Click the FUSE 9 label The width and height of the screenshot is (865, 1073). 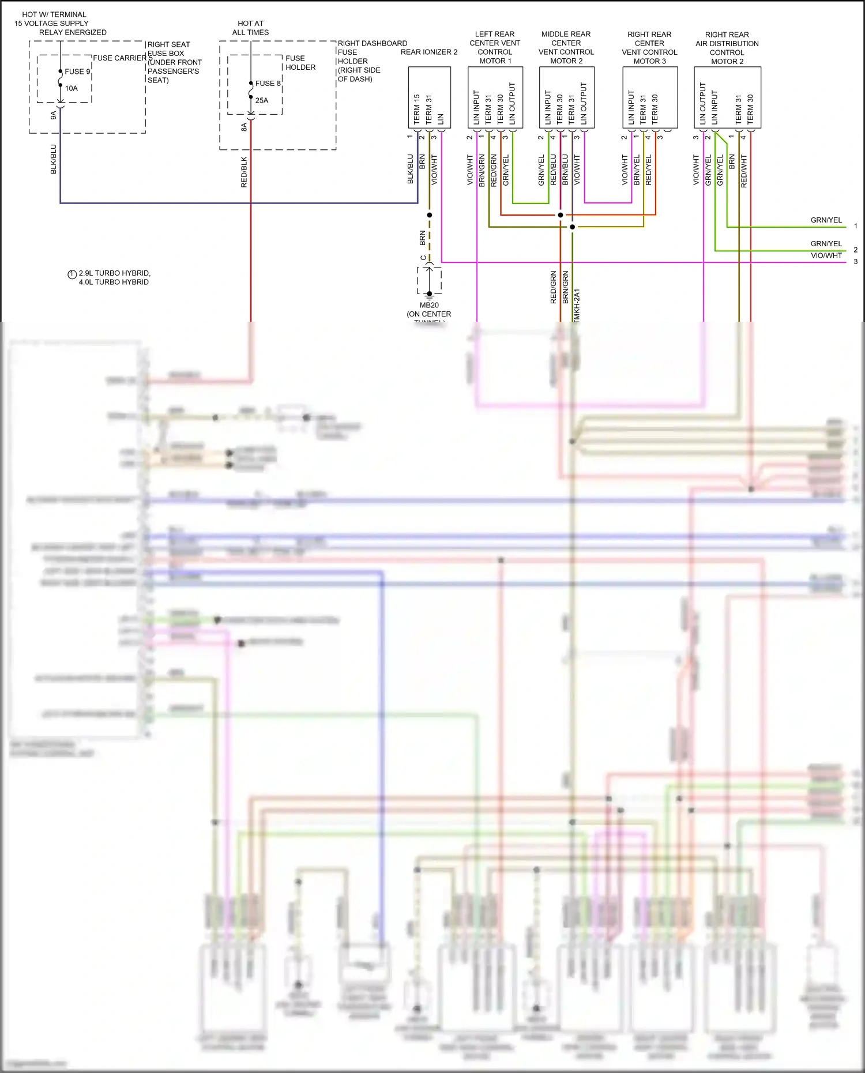(x=77, y=71)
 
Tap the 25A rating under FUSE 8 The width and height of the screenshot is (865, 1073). (x=262, y=100)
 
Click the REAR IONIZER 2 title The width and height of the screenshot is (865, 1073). (x=428, y=52)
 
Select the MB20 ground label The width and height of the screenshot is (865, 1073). (x=429, y=305)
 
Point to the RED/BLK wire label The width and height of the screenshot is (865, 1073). (x=244, y=172)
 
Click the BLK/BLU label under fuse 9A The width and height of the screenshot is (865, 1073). (x=54, y=159)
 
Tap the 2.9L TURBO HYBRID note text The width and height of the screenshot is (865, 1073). (x=114, y=273)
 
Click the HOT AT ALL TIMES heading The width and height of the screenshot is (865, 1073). (x=250, y=28)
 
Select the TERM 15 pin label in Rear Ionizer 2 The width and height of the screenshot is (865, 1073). (x=416, y=110)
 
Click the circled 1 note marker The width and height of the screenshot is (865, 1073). (x=72, y=274)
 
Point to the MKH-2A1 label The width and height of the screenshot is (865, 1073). (x=577, y=304)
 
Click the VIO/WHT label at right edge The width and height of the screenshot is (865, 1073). (x=826, y=255)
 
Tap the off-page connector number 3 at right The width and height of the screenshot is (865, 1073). (x=855, y=262)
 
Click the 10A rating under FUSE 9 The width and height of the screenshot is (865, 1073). (x=71, y=88)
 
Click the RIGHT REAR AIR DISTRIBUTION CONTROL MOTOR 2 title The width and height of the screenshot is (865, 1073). (x=727, y=48)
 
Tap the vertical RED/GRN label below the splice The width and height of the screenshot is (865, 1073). (x=554, y=287)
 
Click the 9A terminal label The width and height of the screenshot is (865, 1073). (x=54, y=115)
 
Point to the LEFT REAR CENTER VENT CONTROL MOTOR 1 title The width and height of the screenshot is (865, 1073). (x=494, y=47)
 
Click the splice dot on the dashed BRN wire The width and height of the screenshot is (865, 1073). (x=429, y=215)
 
